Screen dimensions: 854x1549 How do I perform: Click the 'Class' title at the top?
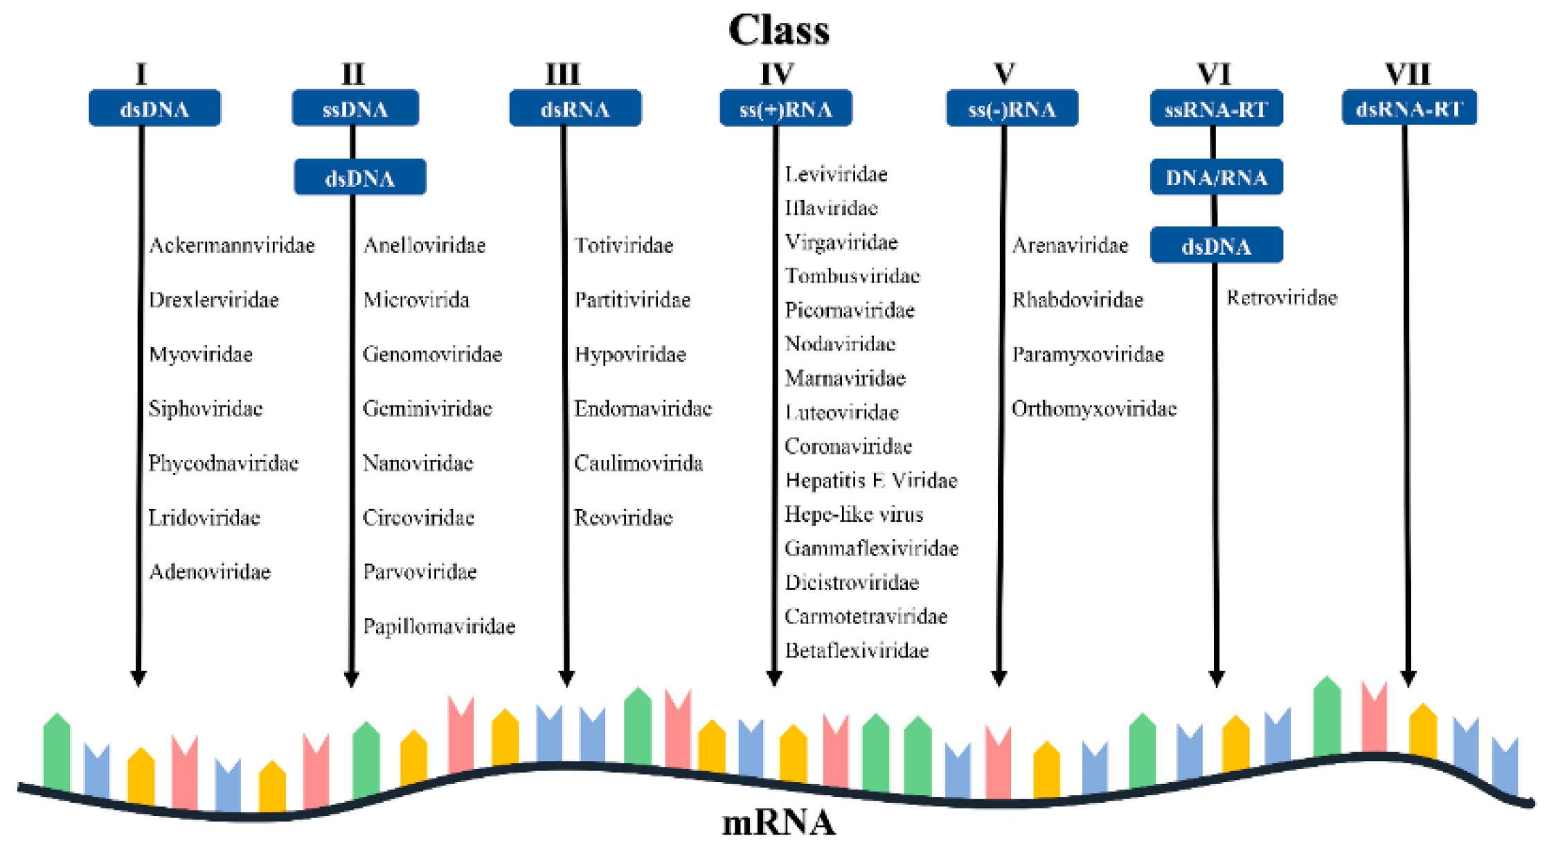[778, 30]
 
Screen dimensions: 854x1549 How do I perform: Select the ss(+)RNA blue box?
[785, 109]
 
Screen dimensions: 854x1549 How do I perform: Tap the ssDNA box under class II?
[355, 109]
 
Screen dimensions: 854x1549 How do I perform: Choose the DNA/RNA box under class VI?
[1216, 177]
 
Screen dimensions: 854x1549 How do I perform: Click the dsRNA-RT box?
[1408, 109]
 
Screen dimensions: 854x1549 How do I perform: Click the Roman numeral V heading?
[1004, 73]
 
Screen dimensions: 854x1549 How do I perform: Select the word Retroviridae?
[1281, 298]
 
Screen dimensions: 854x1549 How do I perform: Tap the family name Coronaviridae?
[848, 447]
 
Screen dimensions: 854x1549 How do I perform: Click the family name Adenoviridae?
[209, 572]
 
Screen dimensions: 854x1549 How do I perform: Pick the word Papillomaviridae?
[439, 627]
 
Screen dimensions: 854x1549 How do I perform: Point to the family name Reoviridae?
[623, 518]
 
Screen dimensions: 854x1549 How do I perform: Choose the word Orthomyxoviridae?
[1093, 409]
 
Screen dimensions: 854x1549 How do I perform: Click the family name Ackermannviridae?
[231, 245]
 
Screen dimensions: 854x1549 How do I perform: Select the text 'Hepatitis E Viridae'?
[870, 481]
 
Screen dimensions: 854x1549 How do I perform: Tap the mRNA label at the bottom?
[778, 824]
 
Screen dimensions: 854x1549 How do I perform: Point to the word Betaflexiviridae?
[856, 651]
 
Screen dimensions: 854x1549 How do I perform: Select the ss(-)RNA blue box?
[1012, 109]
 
